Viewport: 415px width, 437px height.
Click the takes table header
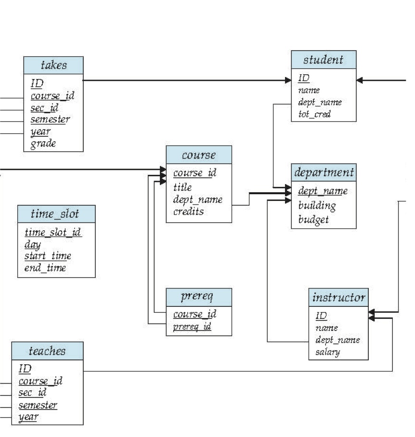point(53,65)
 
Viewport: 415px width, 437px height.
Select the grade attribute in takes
point(43,143)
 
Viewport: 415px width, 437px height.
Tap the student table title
point(324,60)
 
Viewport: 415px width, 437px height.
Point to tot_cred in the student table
point(314,114)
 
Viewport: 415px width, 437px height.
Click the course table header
point(198,155)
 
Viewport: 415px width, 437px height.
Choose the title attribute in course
point(182,187)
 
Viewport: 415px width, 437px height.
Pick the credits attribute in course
point(188,211)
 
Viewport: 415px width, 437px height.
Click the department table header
point(324,172)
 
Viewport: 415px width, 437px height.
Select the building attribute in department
point(317,205)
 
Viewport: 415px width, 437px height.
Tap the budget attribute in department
point(313,219)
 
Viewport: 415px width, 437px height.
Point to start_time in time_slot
point(48,256)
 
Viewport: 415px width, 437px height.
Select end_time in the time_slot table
point(45,268)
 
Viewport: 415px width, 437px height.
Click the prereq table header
point(198,297)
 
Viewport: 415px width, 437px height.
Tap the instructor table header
point(338,297)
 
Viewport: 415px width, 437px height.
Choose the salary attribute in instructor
point(327,352)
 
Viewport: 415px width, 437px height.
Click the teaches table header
point(47,351)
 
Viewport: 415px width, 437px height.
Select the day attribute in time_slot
point(33,244)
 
